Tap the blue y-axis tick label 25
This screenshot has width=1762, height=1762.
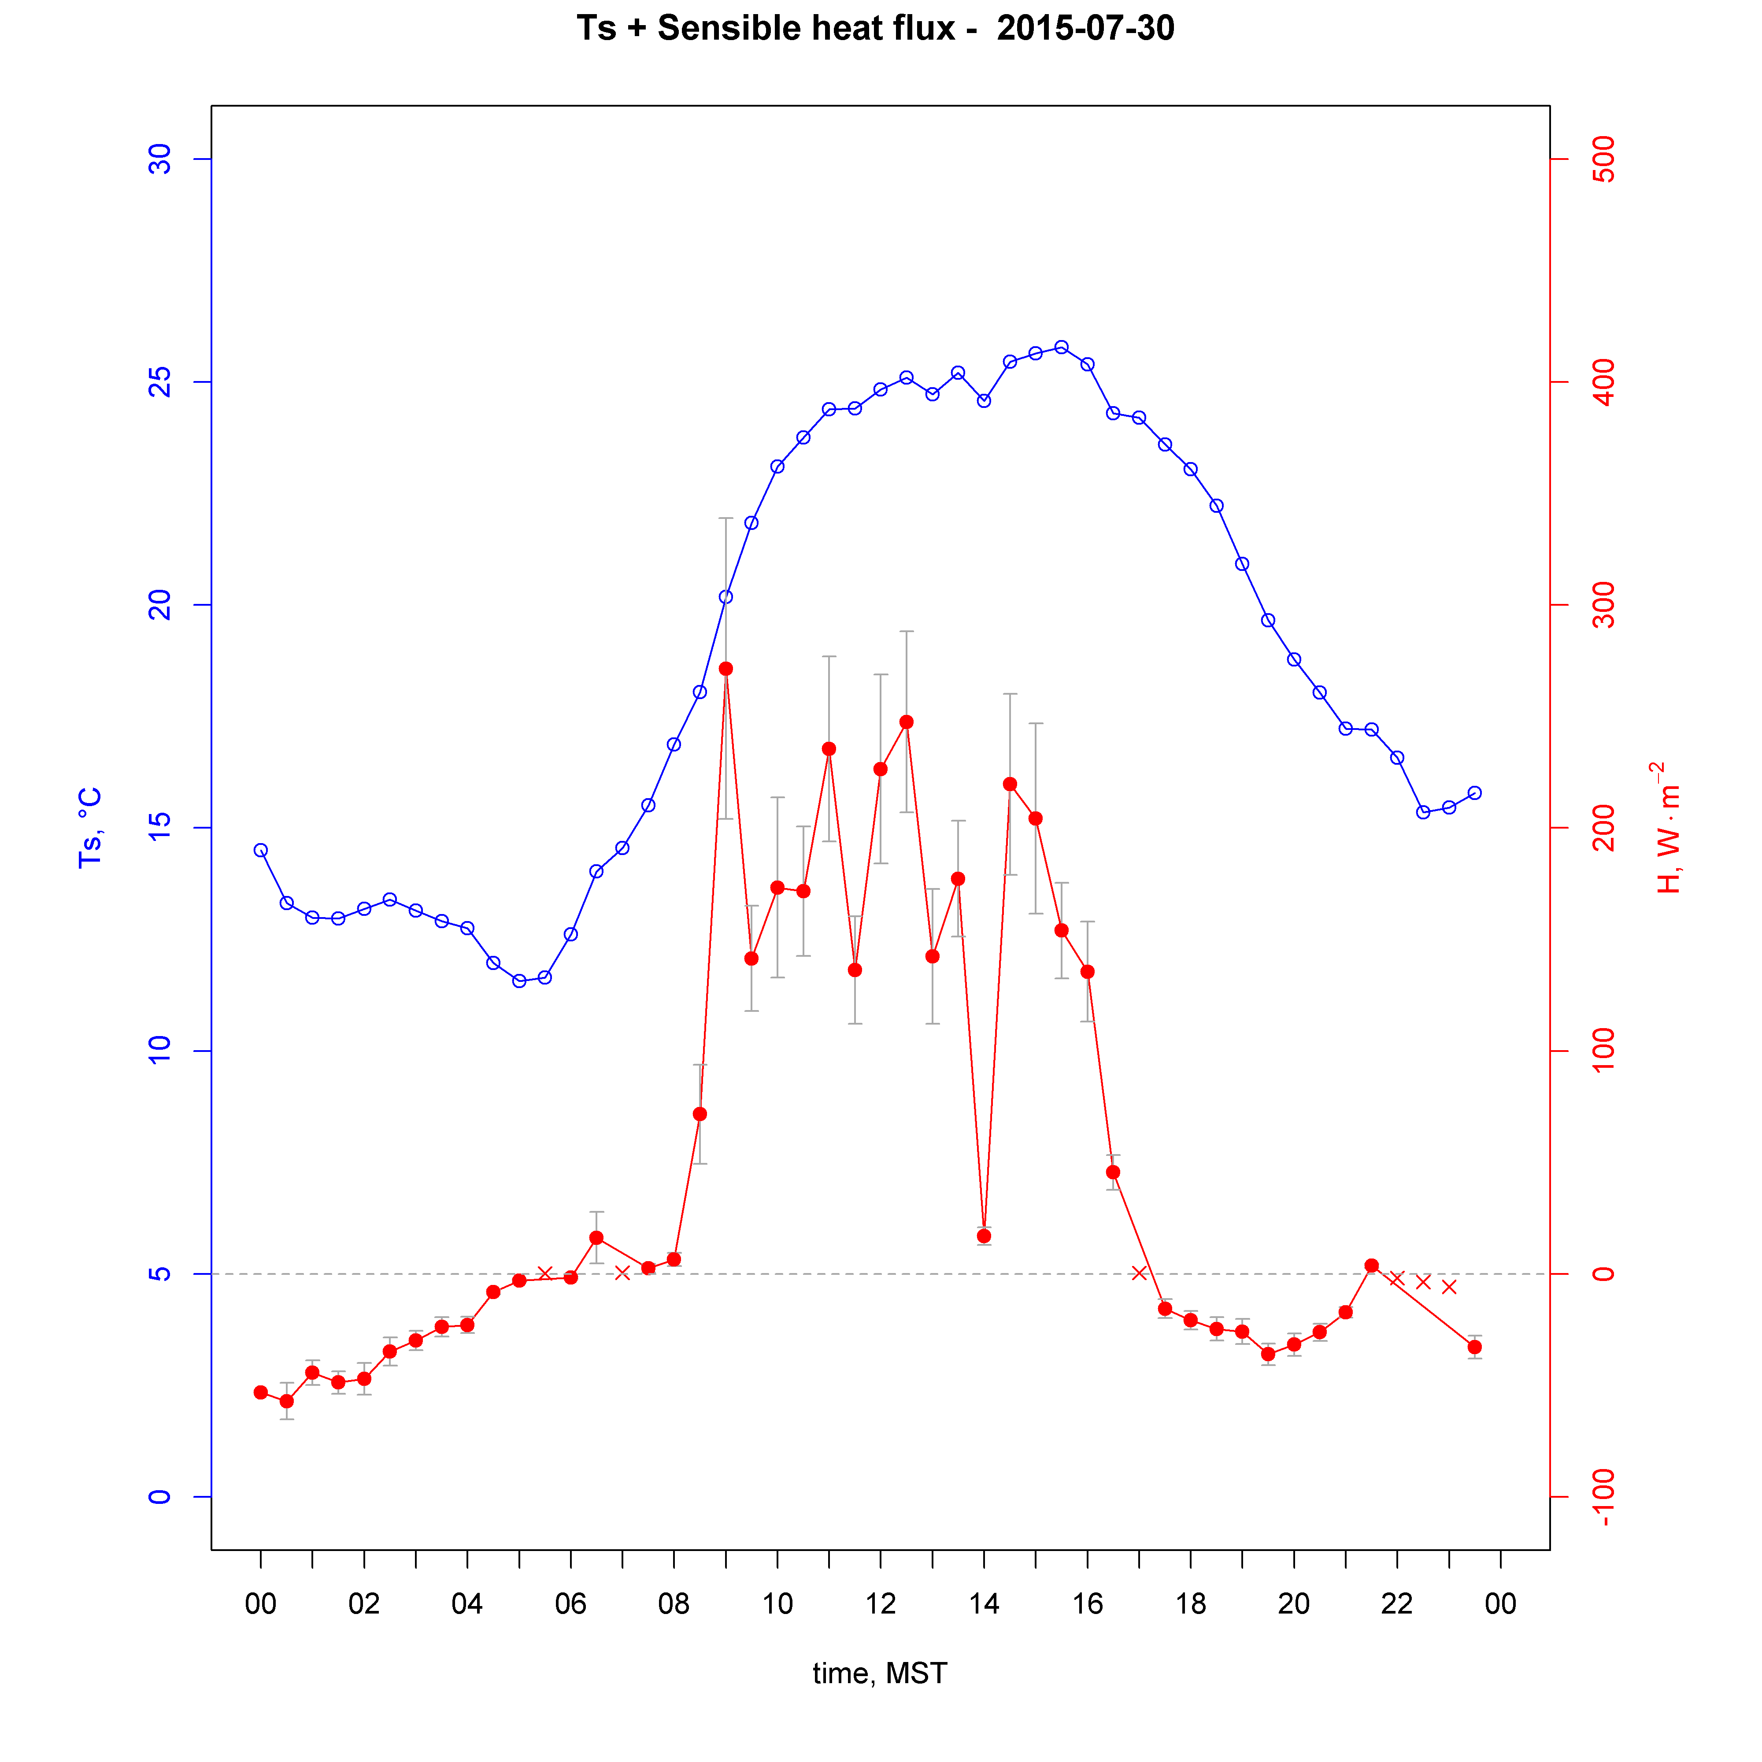click(159, 382)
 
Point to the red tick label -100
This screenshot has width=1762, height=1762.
click(1603, 1497)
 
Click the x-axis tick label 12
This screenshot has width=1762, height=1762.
click(880, 1603)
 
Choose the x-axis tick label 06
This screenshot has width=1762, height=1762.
click(570, 1603)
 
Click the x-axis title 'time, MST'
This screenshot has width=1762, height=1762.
click(880, 1673)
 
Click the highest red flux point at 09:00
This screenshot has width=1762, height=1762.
click(726, 669)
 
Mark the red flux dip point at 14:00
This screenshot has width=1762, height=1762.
click(984, 1236)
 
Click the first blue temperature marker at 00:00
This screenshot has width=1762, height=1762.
click(261, 850)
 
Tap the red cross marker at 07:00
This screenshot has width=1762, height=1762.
click(622, 1273)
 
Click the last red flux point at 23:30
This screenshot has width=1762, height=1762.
click(1475, 1347)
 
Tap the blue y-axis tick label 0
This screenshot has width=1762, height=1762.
click(159, 1497)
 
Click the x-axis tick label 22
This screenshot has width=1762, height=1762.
click(1396, 1603)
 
